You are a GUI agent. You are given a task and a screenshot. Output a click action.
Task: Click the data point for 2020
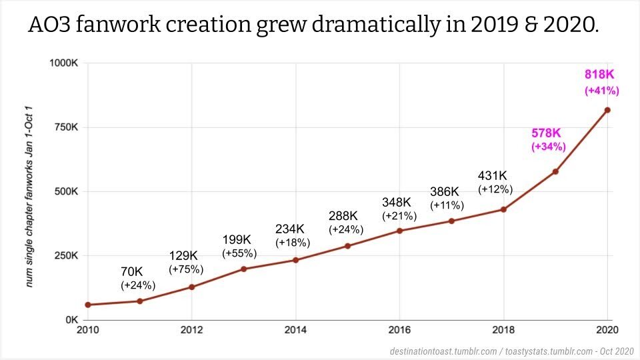(x=607, y=110)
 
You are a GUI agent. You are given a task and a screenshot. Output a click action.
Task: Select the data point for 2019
(x=555, y=171)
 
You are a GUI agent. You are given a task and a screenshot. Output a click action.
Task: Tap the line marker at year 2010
(x=88, y=305)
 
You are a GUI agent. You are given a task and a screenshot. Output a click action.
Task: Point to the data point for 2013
(x=243, y=269)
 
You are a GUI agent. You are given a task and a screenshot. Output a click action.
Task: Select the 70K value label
(x=132, y=272)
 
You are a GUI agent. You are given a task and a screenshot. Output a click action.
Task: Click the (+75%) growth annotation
(x=186, y=269)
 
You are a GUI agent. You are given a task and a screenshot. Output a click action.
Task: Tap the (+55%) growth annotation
(x=239, y=253)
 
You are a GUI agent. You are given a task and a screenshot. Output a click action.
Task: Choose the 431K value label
(x=493, y=176)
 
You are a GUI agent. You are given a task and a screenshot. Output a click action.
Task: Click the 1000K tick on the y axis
(x=65, y=63)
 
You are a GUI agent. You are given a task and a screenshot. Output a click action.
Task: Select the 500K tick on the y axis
(x=67, y=192)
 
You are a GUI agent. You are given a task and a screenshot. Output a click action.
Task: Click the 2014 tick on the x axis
(x=295, y=330)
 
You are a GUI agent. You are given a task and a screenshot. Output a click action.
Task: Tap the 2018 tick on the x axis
(x=503, y=330)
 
